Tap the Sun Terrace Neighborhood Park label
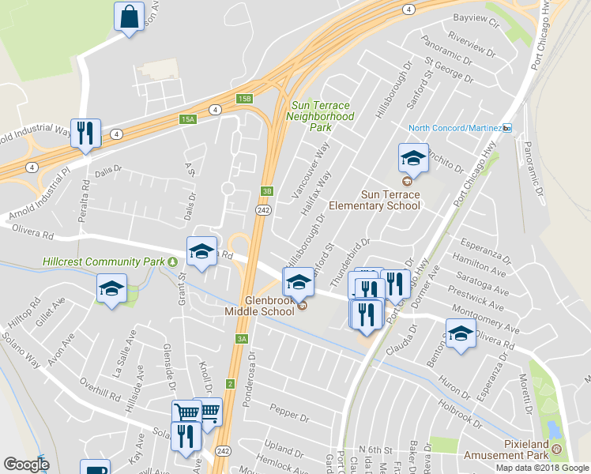[x=322, y=115]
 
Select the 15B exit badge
[x=245, y=99]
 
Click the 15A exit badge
[x=186, y=119]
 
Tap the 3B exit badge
[x=267, y=190]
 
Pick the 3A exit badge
[x=242, y=339]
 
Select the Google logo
[x=25, y=465]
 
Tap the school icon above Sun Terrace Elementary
[x=413, y=158]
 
